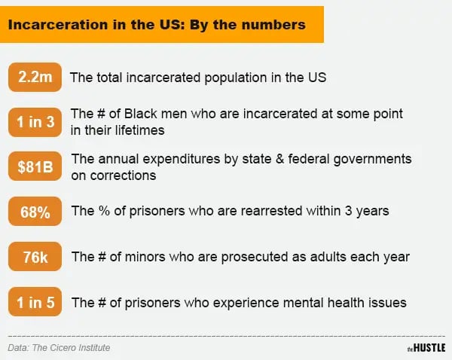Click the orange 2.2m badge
pos(35,77)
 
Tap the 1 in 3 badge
pos(35,122)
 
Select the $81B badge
pos(35,166)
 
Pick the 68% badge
pos(35,212)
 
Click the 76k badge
pos(35,257)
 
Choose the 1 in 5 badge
pos(35,302)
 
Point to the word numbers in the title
pos(274,25)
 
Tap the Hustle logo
pos(426,348)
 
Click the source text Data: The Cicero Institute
pos(59,348)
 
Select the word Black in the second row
pos(141,114)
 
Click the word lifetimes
pos(140,130)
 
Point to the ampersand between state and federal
pos(279,159)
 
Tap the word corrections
pos(123,175)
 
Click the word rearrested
pos(271,211)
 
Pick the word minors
pos(145,257)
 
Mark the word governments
pos(372,160)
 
